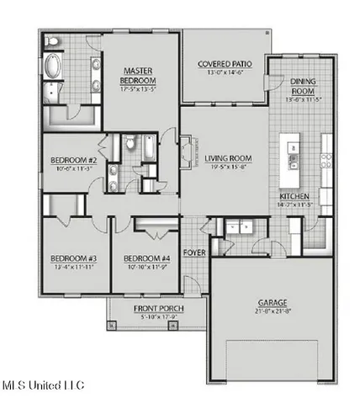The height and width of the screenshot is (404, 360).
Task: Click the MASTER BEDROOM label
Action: pos(140,74)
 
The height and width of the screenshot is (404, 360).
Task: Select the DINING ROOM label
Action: pos(304,85)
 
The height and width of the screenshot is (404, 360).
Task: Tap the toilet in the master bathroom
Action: pos(52,40)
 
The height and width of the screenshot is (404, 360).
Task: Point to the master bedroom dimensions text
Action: pos(140,88)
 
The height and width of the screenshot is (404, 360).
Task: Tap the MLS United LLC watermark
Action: pos(44,385)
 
